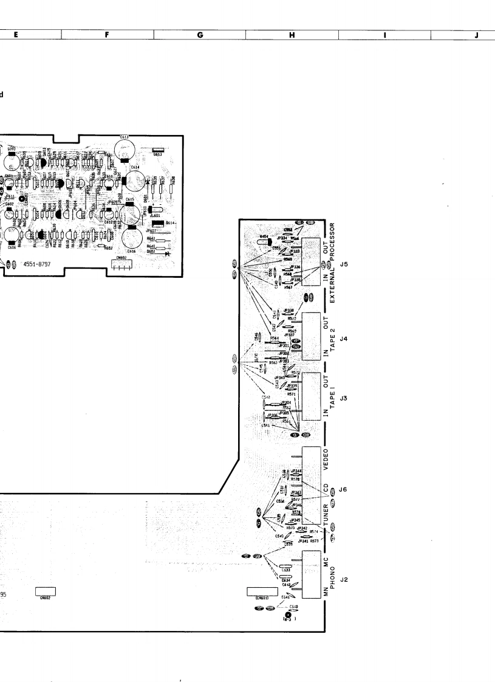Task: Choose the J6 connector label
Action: pos(344,490)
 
